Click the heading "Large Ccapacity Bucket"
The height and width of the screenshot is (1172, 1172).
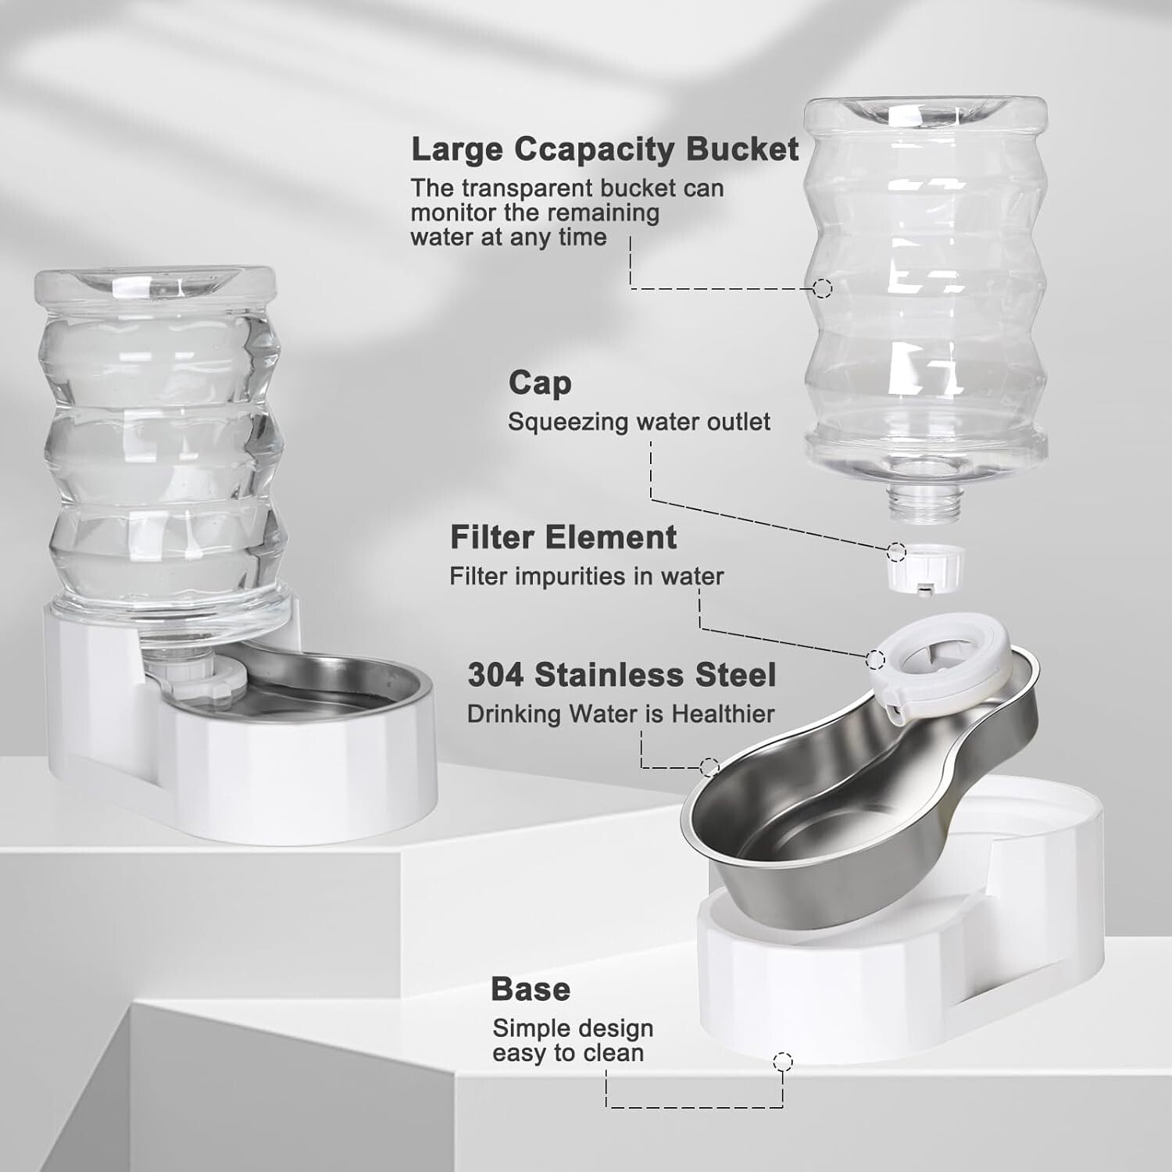coord(604,149)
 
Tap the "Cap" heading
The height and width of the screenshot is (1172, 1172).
coord(540,383)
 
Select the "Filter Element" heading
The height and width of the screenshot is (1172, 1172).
coord(563,538)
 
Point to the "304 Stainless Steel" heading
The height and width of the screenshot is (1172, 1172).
coord(622,675)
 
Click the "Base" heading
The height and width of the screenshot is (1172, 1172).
coord(531,989)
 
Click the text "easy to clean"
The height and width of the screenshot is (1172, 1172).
coord(568,1053)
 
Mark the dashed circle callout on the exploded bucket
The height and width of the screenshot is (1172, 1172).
coord(822,288)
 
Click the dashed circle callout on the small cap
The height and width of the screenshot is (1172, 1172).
coord(896,552)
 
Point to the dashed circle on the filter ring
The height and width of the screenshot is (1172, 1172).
coord(875,660)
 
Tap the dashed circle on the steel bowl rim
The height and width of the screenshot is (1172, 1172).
coord(709,767)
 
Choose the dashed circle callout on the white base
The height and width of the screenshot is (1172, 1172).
coord(783,1061)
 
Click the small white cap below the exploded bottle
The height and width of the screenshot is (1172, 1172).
coord(925,568)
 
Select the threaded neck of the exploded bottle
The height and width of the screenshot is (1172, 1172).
coord(925,502)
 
